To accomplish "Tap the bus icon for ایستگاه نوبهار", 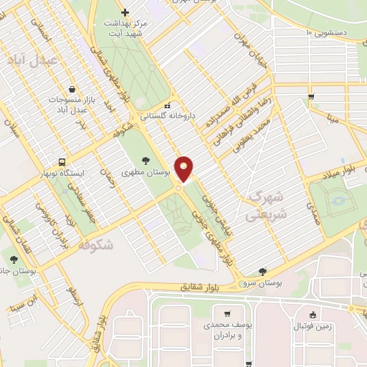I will tap(63, 162).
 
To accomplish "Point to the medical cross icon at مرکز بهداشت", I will tap(125, 12).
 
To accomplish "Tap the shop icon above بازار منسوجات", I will tap(72, 89).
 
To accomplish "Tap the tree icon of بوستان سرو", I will tap(262, 272).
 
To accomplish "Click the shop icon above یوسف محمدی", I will tap(227, 313).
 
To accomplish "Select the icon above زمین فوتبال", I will tap(313, 314).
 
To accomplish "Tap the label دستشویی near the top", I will tap(335, 32).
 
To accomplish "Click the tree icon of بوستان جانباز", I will tap(14, 258).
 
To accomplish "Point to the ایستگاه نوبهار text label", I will tap(82, 173).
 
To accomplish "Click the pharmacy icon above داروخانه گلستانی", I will tap(169, 103).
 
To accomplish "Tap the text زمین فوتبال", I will tap(313, 327).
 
